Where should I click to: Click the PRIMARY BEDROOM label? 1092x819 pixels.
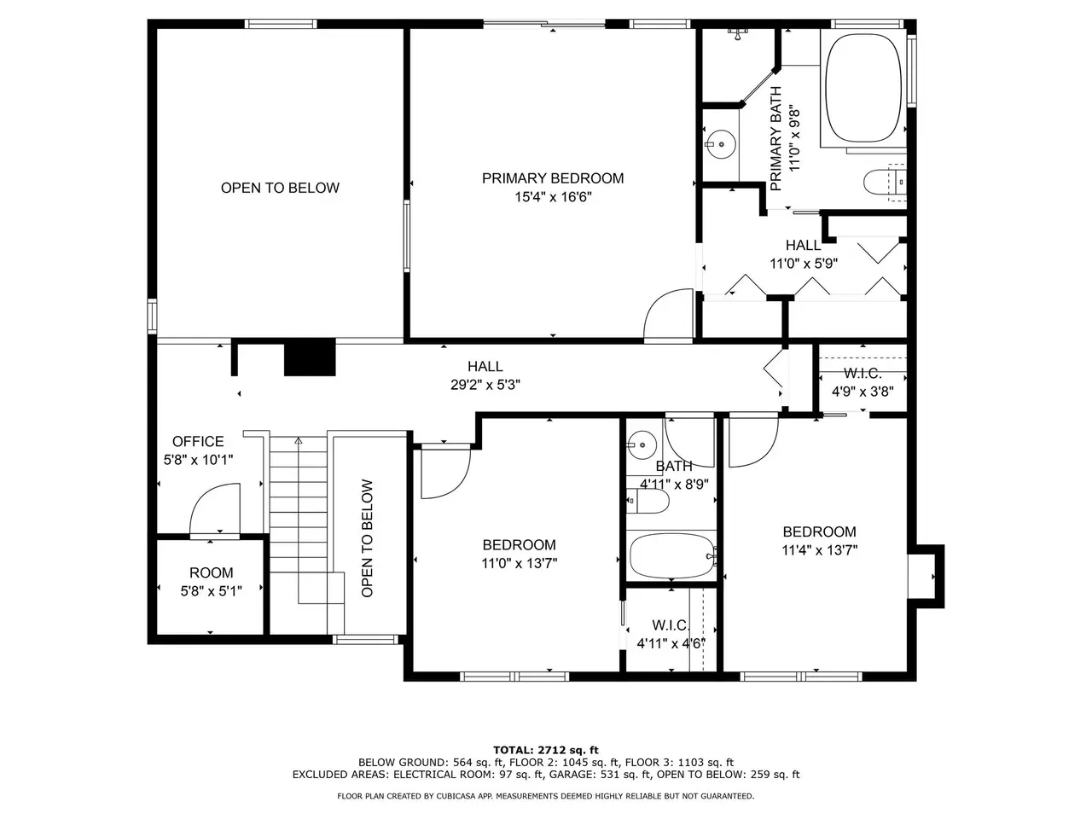[x=552, y=178]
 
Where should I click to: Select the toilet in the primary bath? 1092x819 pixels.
[x=884, y=183]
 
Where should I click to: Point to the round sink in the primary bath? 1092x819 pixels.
[x=720, y=144]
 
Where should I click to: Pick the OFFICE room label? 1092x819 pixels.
[x=198, y=441]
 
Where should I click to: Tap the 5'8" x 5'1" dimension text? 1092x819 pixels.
[x=211, y=591]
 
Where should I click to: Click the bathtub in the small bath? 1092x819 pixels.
[x=672, y=556]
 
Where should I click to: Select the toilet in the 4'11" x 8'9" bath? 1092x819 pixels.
[x=648, y=501]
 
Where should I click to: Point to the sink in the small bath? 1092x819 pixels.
[x=642, y=445]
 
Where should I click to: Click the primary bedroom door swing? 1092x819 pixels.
[x=668, y=315]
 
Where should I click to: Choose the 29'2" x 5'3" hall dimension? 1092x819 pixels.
[x=485, y=385]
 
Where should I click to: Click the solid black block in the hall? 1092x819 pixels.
[x=310, y=357]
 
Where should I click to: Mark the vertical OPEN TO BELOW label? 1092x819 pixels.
[x=367, y=538]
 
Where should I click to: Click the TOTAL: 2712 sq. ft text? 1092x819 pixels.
[x=546, y=750]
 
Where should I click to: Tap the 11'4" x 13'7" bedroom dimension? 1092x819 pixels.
[x=819, y=550]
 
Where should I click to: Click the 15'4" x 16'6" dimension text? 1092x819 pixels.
[x=553, y=197]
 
